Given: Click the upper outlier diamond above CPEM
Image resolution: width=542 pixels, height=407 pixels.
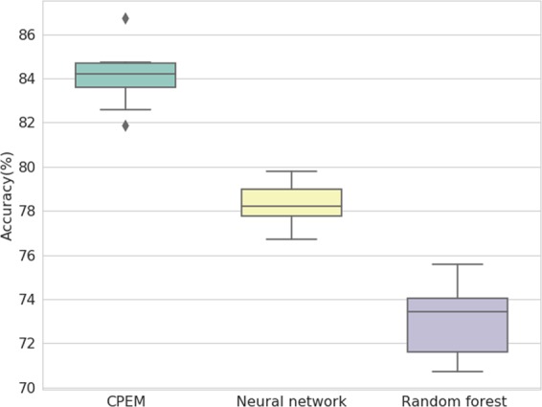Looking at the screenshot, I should tap(125, 18).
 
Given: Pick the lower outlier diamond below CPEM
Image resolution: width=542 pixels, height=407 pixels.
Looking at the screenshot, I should tap(125, 125).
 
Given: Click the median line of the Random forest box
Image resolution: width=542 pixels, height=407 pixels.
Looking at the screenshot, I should tap(457, 311).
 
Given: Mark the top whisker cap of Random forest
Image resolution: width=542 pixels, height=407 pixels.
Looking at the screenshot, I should tap(457, 263).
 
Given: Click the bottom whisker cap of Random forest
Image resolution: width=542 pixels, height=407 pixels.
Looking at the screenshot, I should tap(457, 372).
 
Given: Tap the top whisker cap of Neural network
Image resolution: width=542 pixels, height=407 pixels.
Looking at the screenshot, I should tap(291, 171).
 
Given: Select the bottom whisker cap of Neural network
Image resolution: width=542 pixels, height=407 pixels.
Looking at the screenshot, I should tap(291, 238).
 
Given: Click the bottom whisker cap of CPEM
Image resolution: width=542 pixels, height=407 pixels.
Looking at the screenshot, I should tap(125, 109).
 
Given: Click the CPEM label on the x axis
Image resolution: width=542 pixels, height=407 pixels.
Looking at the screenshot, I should tap(125, 399).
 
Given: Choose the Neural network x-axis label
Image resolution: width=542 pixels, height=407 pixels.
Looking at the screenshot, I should tap(291, 399).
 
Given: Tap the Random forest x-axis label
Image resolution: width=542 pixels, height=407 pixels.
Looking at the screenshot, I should tap(457, 399).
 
